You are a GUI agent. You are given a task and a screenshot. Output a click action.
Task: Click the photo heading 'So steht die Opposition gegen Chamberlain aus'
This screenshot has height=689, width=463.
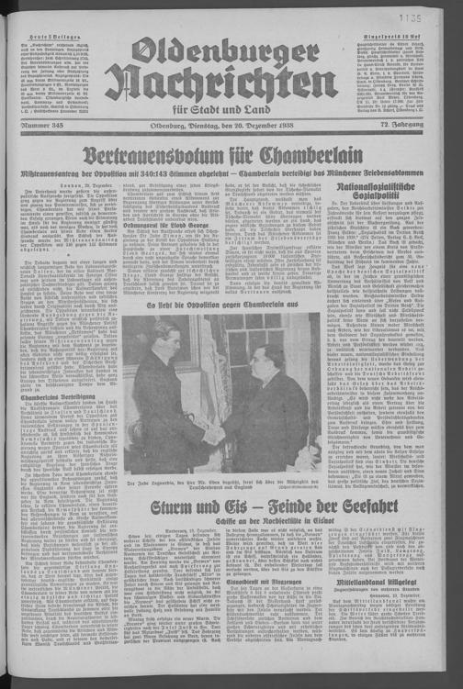[220, 303]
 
